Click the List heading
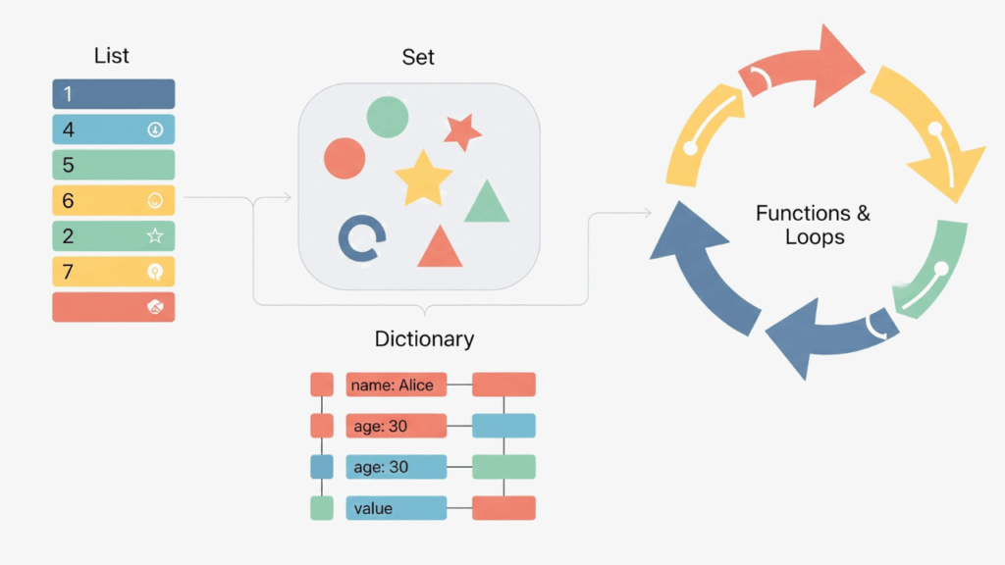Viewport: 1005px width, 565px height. [112, 56]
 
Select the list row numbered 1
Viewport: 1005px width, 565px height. [113, 94]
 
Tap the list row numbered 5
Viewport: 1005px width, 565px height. [113, 165]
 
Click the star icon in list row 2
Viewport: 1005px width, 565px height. [154, 235]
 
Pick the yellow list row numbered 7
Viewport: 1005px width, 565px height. [113, 272]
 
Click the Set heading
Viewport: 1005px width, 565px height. [418, 57]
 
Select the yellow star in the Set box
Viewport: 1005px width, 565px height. [423, 178]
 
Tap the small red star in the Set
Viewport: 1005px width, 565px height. [461, 131]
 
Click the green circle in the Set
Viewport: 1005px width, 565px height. [388, 117]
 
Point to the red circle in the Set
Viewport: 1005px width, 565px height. [344, 158]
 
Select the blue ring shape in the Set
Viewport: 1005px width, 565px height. [358, 238]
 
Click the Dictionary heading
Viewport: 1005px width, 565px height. [424, 339]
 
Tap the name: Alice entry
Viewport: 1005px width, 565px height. [396, 385]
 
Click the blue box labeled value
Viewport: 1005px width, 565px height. [396, 508]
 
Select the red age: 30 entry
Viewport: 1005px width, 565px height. [396, 426]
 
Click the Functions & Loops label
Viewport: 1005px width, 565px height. [814, 225]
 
